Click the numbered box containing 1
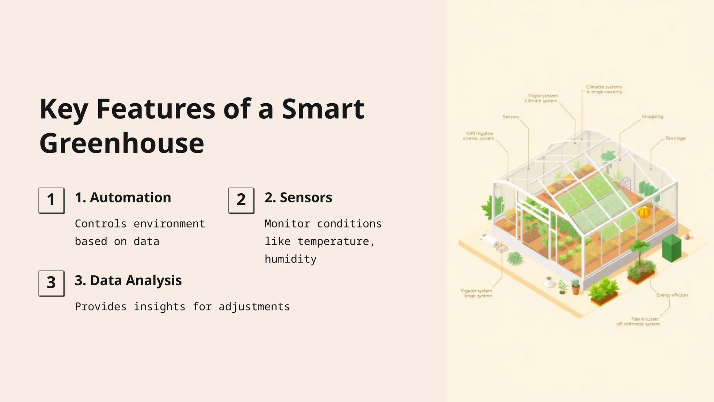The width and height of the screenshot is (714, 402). [51, 200]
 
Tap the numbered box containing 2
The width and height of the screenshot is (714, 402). [241, 200]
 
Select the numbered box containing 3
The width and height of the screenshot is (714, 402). [51, 283]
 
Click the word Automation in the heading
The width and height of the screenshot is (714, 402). [130, 198]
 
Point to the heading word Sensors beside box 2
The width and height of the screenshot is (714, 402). [306, 198]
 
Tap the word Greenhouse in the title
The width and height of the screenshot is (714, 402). [122, 143]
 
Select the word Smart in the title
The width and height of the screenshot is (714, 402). [323, 109]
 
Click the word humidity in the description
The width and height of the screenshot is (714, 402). [290, 259]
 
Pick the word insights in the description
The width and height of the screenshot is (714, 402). [159, 307]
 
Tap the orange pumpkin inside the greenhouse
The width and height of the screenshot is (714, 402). [644, 211]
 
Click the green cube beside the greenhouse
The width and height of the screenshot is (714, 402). [671, 248]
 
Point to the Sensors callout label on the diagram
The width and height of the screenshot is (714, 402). [510, 117]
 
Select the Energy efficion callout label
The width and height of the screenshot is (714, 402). [672, 295]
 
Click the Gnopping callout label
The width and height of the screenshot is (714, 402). [652, 117]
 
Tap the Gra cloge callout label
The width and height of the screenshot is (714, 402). [675, 138]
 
